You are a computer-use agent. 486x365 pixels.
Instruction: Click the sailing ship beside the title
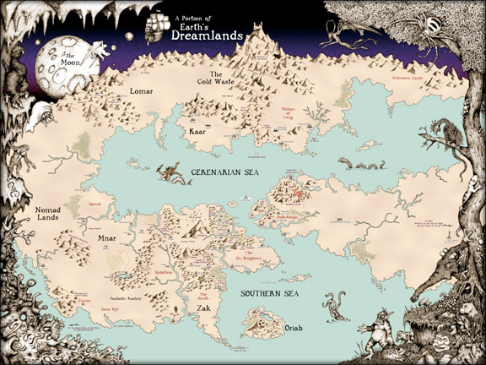[x=154, y=27]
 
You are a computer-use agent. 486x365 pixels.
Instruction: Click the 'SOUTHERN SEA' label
[x=270, y=293]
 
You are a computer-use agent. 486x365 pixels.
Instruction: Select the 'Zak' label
[x=204, y=309]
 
